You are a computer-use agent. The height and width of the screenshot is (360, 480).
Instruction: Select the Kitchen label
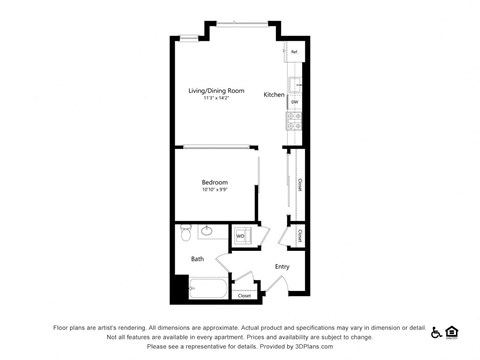274,95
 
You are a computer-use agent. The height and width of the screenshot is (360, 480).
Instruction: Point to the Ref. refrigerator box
294,51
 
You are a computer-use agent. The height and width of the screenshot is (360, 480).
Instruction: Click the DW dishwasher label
294,101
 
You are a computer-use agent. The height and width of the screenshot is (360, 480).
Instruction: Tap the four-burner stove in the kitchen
295,121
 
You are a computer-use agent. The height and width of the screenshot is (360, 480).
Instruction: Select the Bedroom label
215,182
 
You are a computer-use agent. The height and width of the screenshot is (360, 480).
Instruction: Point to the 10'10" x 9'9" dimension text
215,190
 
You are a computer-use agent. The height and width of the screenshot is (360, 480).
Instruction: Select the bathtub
205,290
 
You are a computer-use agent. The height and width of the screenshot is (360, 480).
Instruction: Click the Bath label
198,260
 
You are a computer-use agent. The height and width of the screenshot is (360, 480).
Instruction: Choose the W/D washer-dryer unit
241,236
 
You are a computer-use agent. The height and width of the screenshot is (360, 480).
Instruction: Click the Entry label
282,266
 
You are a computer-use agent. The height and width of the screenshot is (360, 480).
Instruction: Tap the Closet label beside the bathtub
245,295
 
